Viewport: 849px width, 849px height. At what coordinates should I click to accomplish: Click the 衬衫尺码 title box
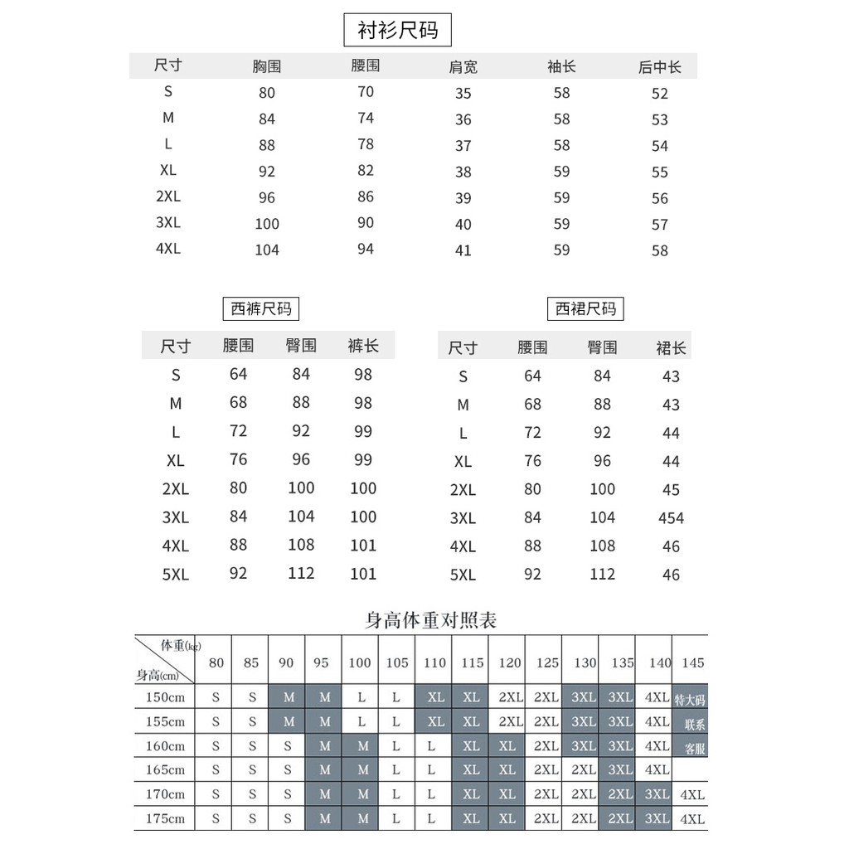tap(397, 32)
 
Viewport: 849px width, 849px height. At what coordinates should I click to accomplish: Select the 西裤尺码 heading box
tap(261, 309)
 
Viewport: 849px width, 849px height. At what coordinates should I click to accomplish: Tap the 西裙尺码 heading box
tap(586, 309)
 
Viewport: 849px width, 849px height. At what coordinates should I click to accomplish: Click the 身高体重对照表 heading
tap(430, 619)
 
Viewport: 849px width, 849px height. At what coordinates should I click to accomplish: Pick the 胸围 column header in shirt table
tap(266, 66)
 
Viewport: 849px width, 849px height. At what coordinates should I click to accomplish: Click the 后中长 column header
tap(659, 67)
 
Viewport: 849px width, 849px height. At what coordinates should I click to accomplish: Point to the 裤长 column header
tap(363, 346)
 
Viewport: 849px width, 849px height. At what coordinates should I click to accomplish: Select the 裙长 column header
tap(671, 347)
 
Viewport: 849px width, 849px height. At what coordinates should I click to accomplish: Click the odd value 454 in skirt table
tap(671, 518)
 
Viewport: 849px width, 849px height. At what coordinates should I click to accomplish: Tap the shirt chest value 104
tap(266, 250)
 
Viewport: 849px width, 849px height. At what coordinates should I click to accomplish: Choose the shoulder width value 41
tap(463, 250)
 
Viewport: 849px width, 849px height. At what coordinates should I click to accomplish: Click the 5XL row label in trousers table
tap(176, 574)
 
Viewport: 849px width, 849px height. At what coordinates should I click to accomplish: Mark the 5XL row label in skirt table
tap(463, 575)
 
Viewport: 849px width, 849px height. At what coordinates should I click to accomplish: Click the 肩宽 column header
tap(463, 67)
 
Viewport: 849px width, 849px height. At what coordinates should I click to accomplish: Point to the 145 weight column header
tap(692, 662)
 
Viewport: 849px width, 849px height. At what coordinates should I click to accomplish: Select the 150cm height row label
tap(165, 697)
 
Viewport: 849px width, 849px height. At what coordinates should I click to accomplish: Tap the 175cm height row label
tap(165, 819)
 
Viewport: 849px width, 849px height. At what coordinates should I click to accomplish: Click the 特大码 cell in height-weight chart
tap(690, 699)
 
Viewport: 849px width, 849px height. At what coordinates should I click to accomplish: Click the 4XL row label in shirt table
tap(167, 249)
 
